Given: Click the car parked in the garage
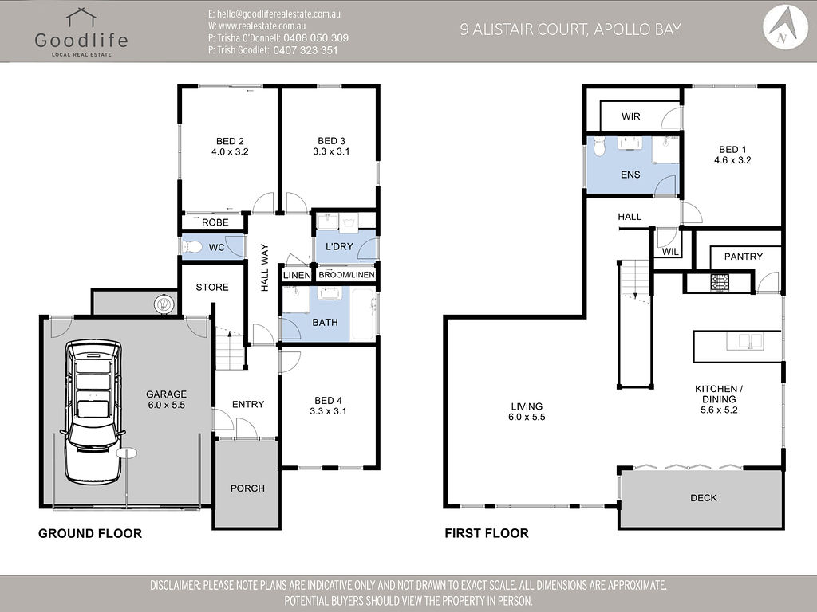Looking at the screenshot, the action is pyautogui.click(x=93, y=412).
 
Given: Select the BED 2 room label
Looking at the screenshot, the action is pyautogui.click(x=230, y=141).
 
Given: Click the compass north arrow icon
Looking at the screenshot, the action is pyautogui.click(x=785, y=28).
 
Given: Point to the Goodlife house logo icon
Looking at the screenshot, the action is pyautogui.click(x=81, y=18).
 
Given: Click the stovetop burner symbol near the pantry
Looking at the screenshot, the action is pyautogui.click(x=720, y=282).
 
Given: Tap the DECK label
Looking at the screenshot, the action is pyautogui.click(x=704, y=498).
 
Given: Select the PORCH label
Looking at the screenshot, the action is pyautogui.click(x=247, y=488).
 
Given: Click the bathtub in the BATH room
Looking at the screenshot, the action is pyautogui.click(x=364, y=313).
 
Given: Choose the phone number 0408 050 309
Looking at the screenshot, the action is pyautogui.click(x=316, y=38).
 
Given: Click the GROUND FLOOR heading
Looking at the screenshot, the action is pyautogui.click(x=90, y=533).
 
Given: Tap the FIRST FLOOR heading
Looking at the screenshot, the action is pyautogui.click(x=487, y=533).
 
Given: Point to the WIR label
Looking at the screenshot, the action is pyautogui.click(x=630, y=116).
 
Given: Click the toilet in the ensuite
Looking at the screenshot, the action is pyautogui.click(x=599, y=147).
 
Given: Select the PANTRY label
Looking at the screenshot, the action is pyautogui.click(x=743, y=257).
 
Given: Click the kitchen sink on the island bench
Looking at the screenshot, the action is pyautogui.click(x=744, y=341).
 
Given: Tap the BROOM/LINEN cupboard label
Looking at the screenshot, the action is pyautogui.click(x=346, y=275).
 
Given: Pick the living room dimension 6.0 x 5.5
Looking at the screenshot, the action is pyautogui.click(x=527, y=417).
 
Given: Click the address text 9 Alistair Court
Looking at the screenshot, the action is pyautogui.click(x=524, y=29).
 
